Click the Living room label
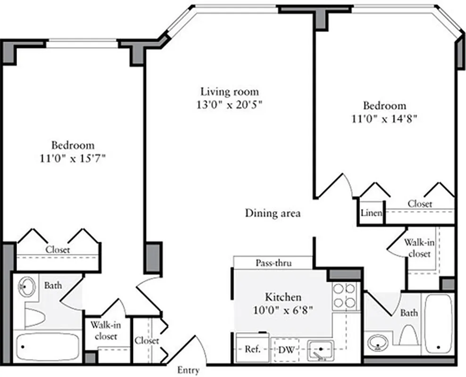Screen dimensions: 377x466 [x=230, y=91]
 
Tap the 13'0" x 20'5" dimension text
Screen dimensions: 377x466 [x=230, y=105]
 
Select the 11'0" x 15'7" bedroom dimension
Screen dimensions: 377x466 [x=73, y=158]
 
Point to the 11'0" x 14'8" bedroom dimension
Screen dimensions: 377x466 [x=384, y=119]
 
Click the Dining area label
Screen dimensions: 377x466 [x=273, y=213]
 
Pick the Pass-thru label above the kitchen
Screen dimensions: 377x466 [x=273, y=263]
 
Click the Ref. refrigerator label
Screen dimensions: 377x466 [x=250, y=350]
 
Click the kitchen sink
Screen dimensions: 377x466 [x=320, y=350]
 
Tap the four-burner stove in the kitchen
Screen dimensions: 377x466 [x=344, y=296]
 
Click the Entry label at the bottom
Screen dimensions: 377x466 [x=188, y=370]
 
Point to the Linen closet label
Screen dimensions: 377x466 [x=371, y=213]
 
